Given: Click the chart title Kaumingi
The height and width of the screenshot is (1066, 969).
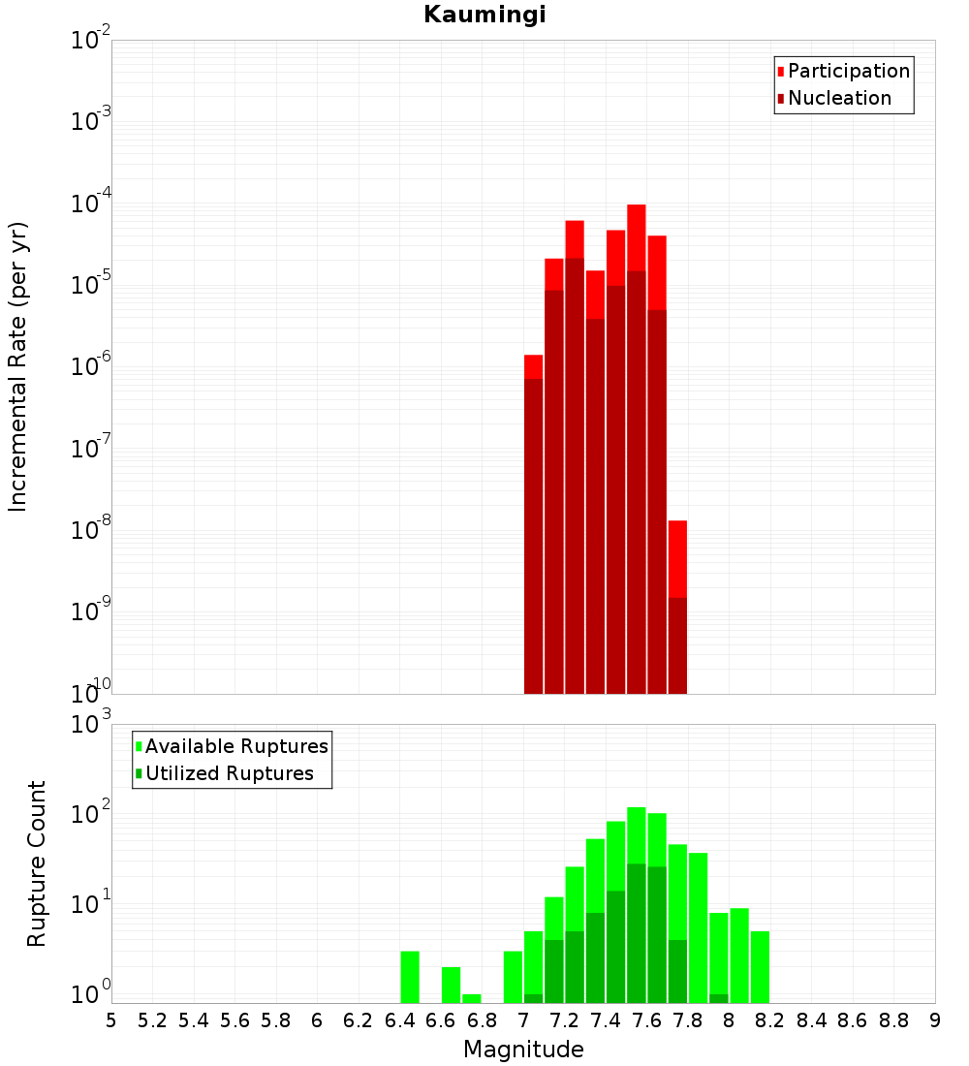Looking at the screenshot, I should click(484, 15).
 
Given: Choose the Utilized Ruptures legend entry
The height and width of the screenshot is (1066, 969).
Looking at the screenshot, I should click(229, 773).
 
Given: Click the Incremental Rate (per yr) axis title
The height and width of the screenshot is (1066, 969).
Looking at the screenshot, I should click(17, 367).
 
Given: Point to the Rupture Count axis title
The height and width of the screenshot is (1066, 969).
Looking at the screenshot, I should click(36, 863).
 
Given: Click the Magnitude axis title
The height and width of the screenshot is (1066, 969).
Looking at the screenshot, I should click(523, 1050).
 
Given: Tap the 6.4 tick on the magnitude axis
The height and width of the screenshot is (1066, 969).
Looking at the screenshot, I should click(399, 1020).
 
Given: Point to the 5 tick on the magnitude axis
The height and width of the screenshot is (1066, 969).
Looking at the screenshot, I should click(111, 1020).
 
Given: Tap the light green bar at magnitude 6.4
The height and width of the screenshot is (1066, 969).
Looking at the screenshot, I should click(410, 977).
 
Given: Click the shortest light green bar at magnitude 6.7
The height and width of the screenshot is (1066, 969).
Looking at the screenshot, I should click(472, 998).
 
